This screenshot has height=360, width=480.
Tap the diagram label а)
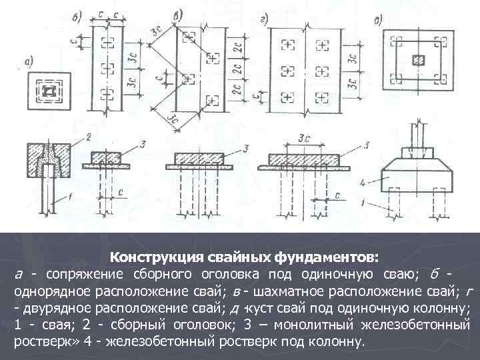point(29,64)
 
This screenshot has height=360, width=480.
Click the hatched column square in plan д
point(419,60)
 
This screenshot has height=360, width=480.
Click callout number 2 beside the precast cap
point(87,137)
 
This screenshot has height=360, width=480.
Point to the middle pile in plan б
point(106,69)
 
